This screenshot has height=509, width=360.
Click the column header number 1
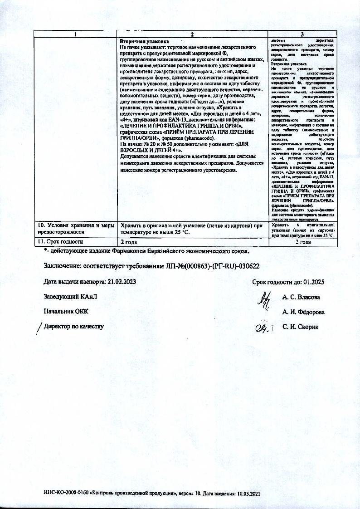click(x=76, y=35)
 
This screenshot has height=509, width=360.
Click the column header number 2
click(x=193, y=35)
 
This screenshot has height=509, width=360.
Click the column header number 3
click(x=302, y=35)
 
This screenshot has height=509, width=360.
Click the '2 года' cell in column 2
click(x=128, y=242)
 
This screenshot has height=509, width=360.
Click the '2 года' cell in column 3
click(x=302, y=242)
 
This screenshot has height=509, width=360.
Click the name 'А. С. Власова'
click(x=301, y=298)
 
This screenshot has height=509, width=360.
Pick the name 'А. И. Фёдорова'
click(x=303, y=312)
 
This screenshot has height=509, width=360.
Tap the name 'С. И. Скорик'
click(x=301, y=327)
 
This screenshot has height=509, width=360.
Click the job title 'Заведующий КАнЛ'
click(x=70, y=297)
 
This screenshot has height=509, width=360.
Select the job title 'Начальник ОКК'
click(x=66, y=312)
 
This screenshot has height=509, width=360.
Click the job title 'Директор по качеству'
click(x=74, y=326)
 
